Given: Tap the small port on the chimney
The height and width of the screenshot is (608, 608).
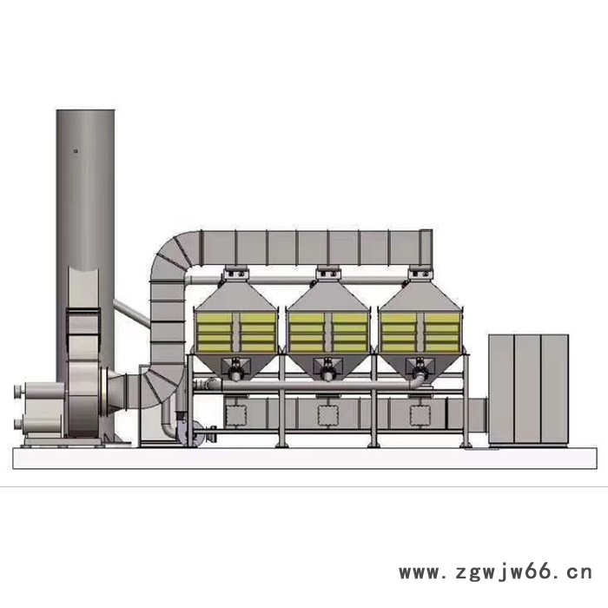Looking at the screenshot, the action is [x=76, y=151].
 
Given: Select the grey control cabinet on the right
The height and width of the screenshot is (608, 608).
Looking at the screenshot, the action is [x=528, y=390].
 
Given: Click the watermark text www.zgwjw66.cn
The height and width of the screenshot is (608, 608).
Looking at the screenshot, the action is [x=496, y=572].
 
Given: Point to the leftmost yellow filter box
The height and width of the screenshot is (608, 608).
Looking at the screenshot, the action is [x=235, y=332].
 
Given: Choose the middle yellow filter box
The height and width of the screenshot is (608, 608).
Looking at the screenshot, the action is [x=328, y=332].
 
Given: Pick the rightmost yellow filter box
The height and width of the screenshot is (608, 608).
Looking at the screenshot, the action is [x=420, y=332].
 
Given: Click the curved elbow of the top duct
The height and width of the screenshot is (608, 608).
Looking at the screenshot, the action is [x=170, y=256].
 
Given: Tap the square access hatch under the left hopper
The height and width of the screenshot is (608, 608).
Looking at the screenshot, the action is [x=235, y=416].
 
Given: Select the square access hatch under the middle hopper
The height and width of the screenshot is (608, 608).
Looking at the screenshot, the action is [x=328, y=416].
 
